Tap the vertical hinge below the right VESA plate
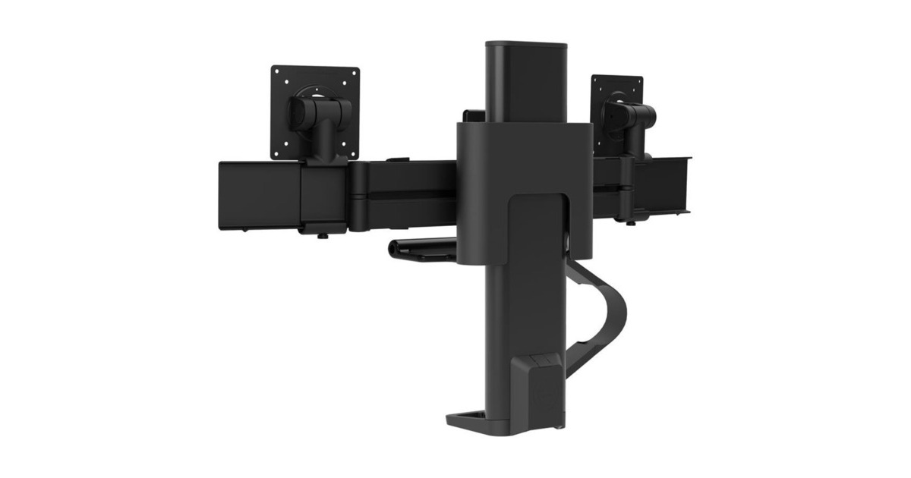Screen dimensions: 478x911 point(629,175)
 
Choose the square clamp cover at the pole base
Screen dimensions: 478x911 point(541,395)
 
